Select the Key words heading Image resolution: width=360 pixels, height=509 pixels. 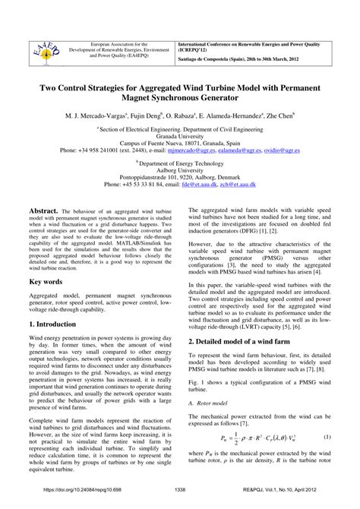click(x=46, y=280)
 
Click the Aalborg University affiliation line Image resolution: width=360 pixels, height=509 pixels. click(x=179, y=169)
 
